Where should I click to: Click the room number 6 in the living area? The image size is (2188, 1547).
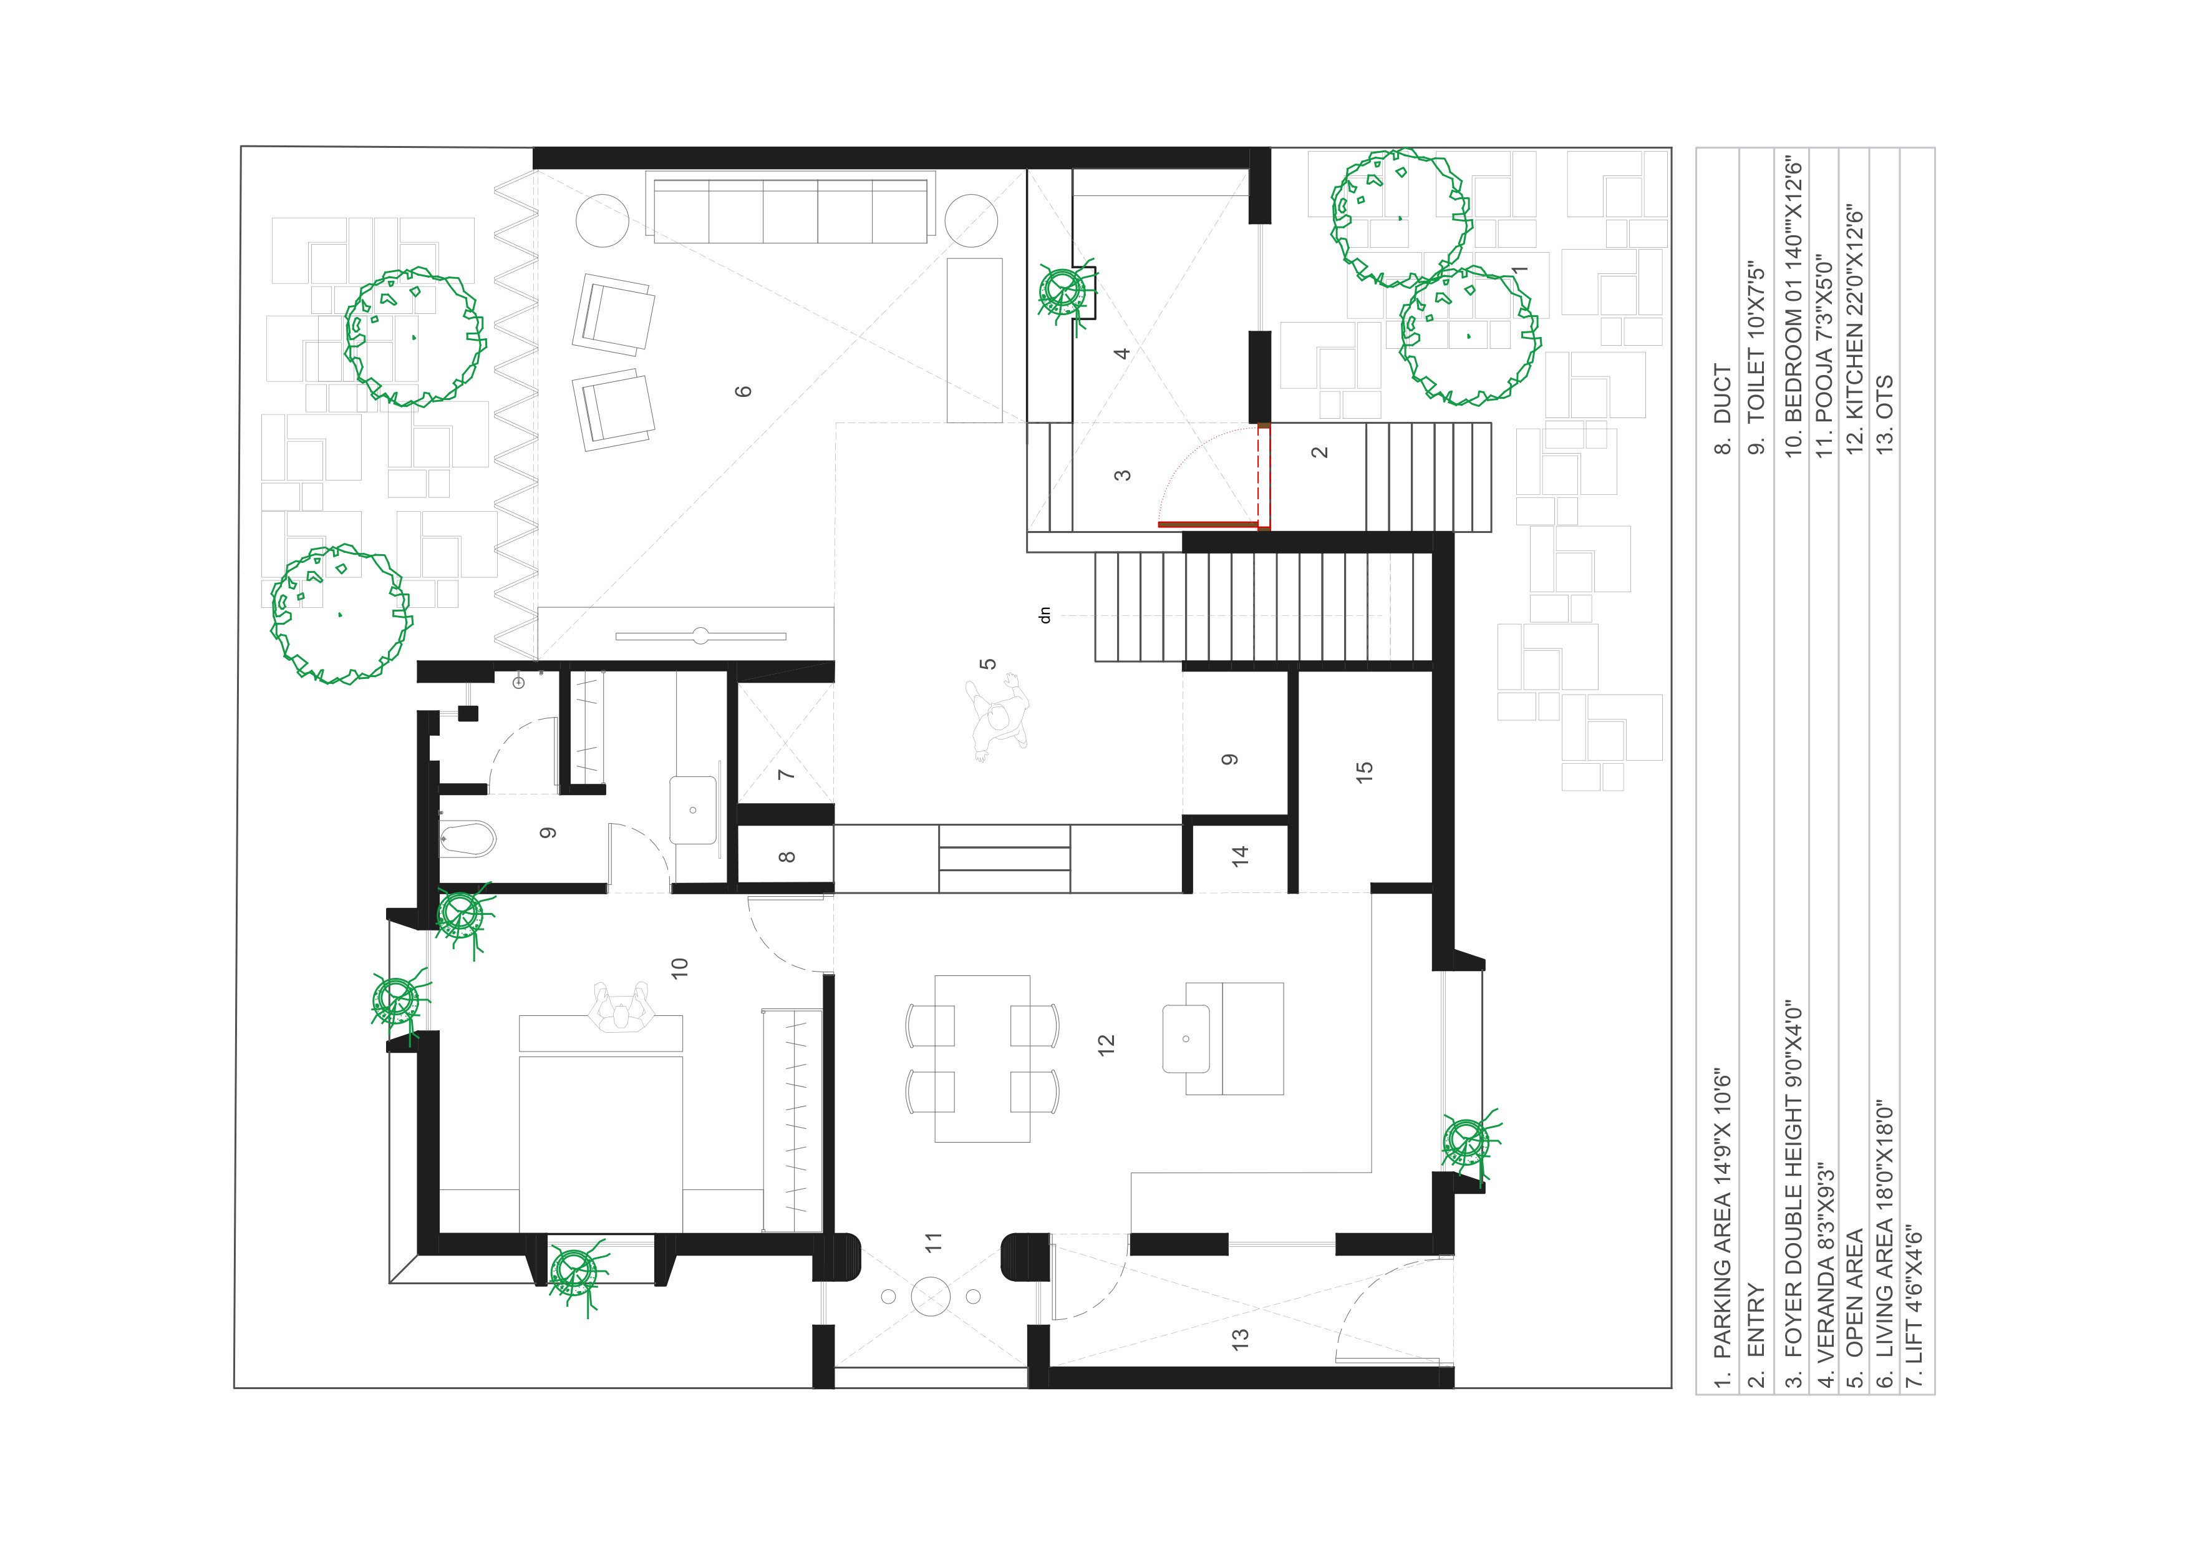743,391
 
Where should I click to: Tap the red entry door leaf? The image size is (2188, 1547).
1208,524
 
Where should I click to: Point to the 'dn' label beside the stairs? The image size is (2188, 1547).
1045,615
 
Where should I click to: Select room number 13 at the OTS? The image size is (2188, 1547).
1240,1338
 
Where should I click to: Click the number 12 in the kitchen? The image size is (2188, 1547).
1105,1045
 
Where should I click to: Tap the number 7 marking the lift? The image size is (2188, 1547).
786,774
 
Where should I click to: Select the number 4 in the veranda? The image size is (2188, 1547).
1121,353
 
